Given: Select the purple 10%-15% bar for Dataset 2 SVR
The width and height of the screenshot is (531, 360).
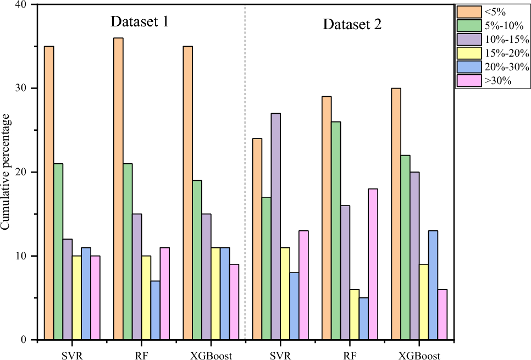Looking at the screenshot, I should [276, 226].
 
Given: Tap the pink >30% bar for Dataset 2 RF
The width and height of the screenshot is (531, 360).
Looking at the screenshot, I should [373, 264].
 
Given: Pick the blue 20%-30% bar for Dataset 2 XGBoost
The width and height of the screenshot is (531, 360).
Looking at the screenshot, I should [433, 285].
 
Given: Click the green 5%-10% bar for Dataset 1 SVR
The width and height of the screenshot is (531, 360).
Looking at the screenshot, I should [58, 252].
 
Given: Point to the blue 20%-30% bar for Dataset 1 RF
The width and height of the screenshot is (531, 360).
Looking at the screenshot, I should [156, 310].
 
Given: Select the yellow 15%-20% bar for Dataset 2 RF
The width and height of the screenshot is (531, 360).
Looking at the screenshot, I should [354, 314].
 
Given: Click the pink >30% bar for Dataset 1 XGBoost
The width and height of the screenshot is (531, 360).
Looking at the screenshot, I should [234, 302].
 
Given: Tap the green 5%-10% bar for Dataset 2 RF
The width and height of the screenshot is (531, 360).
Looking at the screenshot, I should [336, 231].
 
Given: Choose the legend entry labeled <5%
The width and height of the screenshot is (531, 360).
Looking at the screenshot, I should [492, 11].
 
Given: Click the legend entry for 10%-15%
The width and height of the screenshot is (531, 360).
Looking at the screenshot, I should [492, 40].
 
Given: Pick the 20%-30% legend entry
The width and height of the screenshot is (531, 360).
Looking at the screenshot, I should [492, 67].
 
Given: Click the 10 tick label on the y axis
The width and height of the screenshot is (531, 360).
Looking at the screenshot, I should [23, 256].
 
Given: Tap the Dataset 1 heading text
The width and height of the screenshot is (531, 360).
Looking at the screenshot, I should [139, 22].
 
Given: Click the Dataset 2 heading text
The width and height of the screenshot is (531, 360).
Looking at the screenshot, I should [352, 24].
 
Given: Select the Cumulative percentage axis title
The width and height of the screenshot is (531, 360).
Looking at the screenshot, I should [6, 172].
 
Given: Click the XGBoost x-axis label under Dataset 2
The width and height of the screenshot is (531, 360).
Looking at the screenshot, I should [419, 356].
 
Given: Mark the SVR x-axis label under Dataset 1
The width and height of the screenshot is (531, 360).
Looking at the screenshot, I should [71, 356].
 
